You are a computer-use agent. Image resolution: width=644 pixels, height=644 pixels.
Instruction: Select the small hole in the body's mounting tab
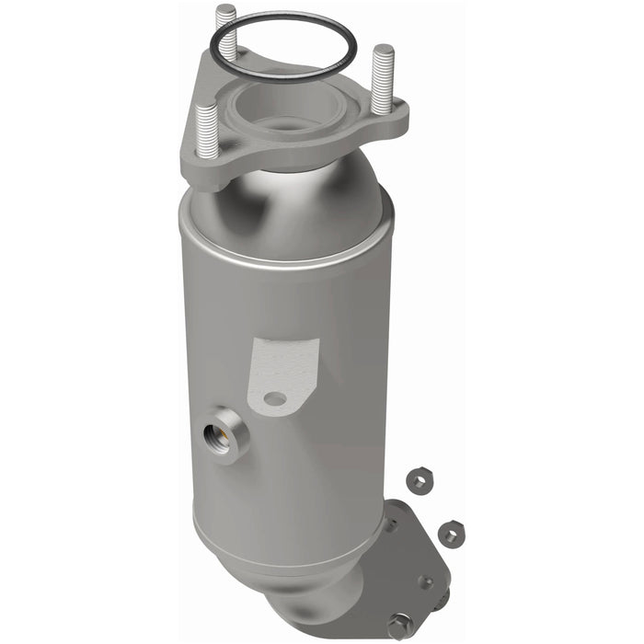tap(274, 398)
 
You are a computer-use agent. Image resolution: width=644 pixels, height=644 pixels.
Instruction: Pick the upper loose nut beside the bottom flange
tap(417, 480)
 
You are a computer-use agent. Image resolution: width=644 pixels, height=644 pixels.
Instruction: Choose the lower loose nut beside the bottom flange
tap(451, 533)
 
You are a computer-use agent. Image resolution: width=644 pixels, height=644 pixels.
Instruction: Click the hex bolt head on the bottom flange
tap(398, 625)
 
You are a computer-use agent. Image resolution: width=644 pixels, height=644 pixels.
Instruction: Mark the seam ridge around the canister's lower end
tap(276, 552)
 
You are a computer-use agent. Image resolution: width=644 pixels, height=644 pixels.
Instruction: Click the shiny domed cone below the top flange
tap(285, 207)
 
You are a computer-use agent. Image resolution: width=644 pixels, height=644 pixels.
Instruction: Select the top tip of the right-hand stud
tap(383, 50)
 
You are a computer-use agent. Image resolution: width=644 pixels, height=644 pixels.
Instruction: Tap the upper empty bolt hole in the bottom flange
tap(391, 524)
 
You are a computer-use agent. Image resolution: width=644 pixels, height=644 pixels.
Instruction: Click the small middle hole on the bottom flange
tap(424, 581)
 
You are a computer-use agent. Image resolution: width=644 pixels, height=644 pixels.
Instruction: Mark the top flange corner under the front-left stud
tap(210, 170)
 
